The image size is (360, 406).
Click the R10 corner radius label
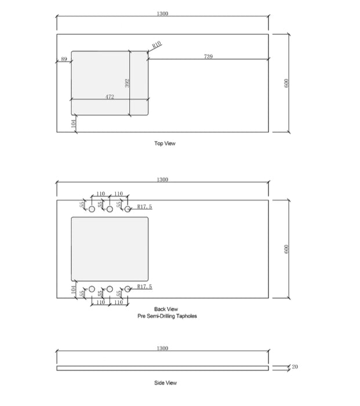[157, 45]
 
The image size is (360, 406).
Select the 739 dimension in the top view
[208, 56]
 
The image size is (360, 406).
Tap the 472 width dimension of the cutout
[110, 96]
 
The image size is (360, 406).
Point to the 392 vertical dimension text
[128, 83]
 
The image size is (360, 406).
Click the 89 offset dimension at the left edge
[64, 59]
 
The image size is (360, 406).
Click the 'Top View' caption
[165, 144]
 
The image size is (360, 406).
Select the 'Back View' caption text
[166, 309]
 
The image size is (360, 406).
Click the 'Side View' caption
[165, 383]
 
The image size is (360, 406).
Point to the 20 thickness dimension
[294, 367]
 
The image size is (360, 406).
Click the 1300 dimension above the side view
[162, 348]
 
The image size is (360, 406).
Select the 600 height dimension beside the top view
[285, 83]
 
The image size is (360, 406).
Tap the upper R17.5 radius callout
[145, 206]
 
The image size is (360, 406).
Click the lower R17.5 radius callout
[145, 287]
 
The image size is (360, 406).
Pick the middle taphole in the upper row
[110, 209]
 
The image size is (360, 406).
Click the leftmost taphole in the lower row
[92, 289]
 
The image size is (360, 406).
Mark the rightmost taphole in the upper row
[128, 209]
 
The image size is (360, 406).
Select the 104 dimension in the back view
[74, 289]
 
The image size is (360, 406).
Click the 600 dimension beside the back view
[285, 249]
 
